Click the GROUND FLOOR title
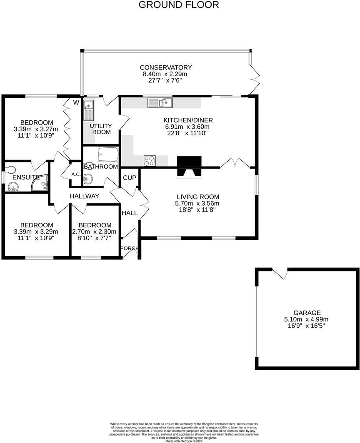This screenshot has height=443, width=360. (x=178, y=5)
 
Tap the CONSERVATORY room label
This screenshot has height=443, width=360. (x=165, y=67)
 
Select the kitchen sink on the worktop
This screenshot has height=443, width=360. (x=160, y=102)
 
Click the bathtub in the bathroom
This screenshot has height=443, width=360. (x=108, y=155)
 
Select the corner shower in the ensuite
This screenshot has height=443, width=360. (x=41, y=184)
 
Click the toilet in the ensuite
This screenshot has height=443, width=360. (x=10, y=170)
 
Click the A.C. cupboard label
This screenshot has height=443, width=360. (x=76, y=174)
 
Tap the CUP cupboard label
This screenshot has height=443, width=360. (x=130, y=178)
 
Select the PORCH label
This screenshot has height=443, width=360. (x=129, y=249)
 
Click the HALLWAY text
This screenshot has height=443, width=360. (x=84, y=196)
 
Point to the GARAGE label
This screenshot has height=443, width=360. (x=307, y=313)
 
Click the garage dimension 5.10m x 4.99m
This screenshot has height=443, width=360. (x=307, y=319)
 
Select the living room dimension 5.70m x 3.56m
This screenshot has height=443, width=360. (x=198, y=204)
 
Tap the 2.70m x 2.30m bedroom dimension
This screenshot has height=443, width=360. (x=95, y=232)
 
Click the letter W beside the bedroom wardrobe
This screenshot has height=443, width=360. (x=76, y=102)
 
